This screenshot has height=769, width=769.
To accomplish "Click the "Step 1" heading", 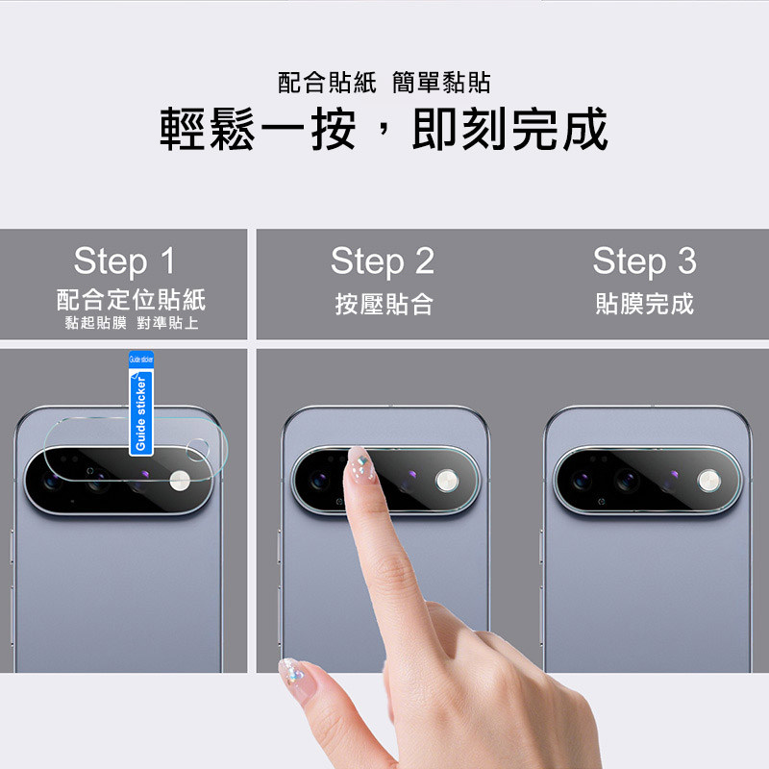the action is click(x=124, y=261).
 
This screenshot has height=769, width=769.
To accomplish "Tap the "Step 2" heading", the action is click(x=383, y=261).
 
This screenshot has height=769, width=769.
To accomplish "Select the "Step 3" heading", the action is click(x=644, y=261).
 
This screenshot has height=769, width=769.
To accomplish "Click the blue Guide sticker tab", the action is click(x=141, y=403).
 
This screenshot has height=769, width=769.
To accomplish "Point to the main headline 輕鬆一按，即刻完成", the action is click(x=384, y=129).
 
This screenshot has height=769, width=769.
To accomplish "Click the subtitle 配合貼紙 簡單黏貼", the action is click(x=384, y=83).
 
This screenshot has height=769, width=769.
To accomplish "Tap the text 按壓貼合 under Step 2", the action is click(x=384, y=304).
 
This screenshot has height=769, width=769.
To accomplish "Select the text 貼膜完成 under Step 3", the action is click(x=644, y=304).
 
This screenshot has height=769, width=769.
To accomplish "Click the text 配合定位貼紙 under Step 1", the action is click(x=131, y=300).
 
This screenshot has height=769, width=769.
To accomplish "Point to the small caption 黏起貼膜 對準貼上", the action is click(x=132, y=323).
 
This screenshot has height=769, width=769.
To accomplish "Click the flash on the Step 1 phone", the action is click(x=180, y=481).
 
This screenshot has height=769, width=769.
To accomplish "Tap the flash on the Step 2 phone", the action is click(x=447, y=481).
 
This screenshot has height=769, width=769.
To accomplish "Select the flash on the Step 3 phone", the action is click(x=709, y=481).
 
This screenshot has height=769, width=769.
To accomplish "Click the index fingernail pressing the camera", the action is click(x=361, y=464).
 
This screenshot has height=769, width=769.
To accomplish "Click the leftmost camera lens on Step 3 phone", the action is click(x=582, y=481).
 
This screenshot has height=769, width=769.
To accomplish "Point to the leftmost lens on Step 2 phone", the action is click(x=319, y=481).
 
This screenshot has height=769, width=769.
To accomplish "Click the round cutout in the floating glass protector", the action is click(x=198, y=450).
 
